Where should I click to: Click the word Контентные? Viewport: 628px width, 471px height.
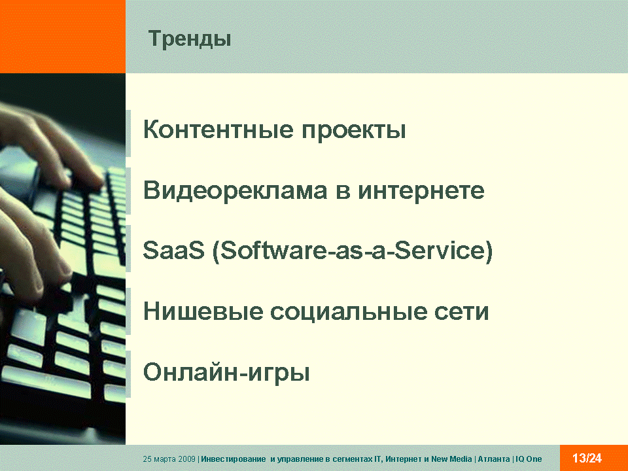218,130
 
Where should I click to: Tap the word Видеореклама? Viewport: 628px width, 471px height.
235,190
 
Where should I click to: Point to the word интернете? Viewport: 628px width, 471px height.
421,190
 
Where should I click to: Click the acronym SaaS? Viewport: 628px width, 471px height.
174,251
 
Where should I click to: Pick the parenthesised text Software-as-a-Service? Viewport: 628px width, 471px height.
353,251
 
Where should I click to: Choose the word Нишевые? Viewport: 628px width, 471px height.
203,311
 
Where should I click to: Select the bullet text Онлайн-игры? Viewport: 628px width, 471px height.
226,372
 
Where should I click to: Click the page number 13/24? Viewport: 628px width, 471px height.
587,458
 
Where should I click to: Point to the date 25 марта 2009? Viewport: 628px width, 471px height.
169,459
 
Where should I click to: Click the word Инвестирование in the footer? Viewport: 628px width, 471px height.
233,459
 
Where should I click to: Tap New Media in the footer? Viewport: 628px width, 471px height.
451,459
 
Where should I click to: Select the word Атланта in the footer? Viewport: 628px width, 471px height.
494,459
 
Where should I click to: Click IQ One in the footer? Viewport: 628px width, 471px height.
529,459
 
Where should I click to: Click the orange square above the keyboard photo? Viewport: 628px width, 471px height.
63,37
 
